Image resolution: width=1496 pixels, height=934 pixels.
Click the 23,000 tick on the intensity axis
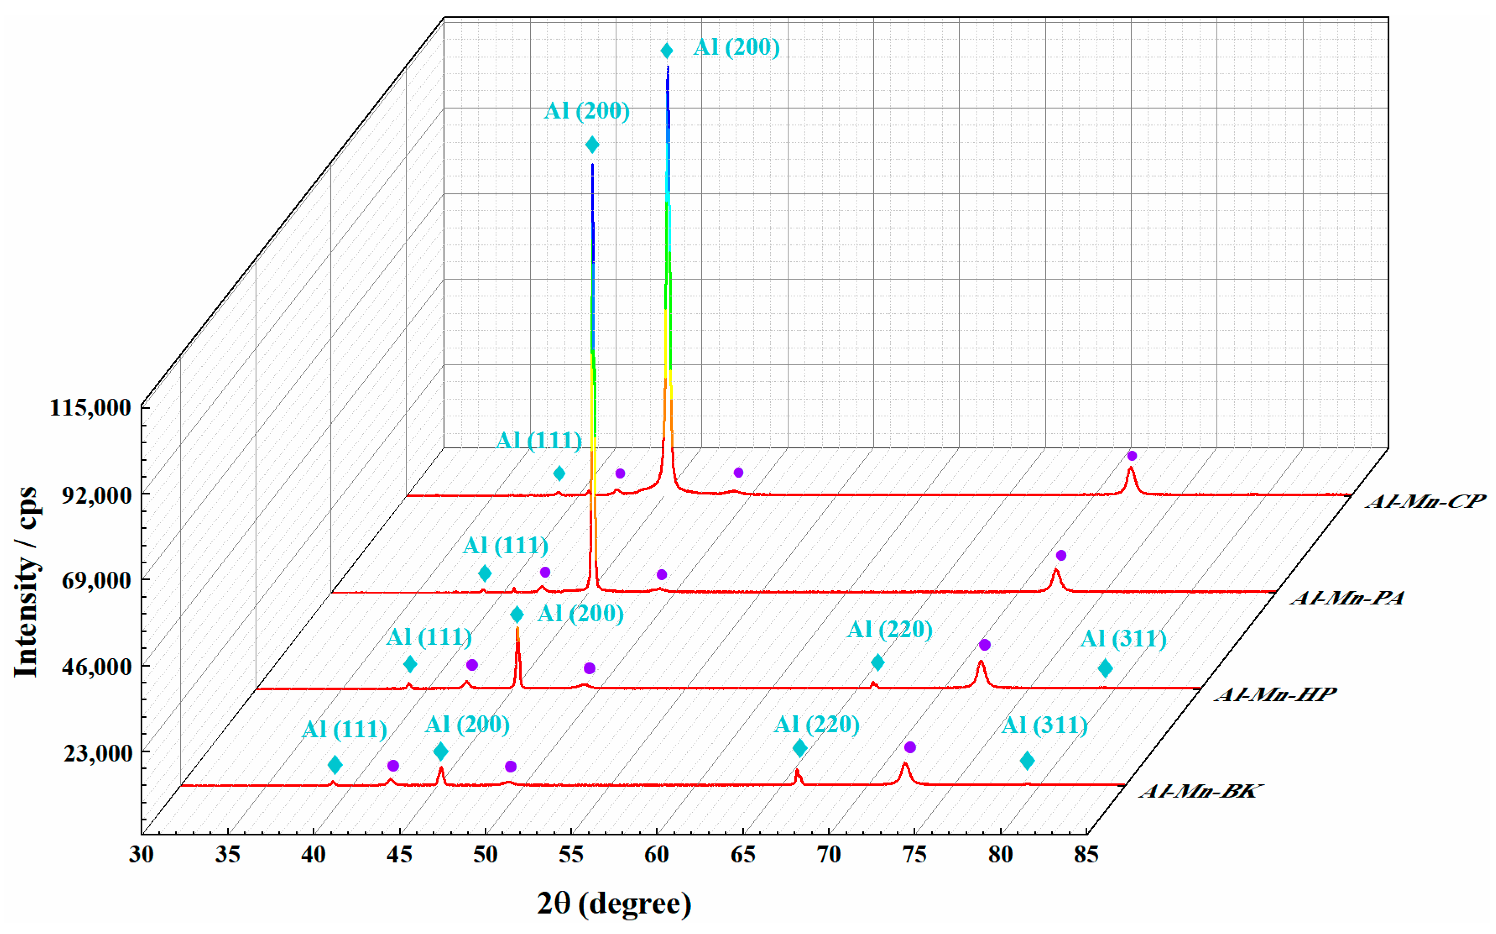pyautogui.click(x=97, y=753)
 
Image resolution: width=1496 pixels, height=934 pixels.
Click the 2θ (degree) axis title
pyautogui.click(x=614, y=903)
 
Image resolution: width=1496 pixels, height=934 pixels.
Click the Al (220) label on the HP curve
pyautogui.click(x=890, y=630)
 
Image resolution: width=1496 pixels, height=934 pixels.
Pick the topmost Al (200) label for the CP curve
pyautogui.click(x=736, y=47)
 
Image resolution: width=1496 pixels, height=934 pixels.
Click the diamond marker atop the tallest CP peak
pyautogui.click(x=666, y=51)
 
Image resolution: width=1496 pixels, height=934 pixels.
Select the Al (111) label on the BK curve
pyautogui.click(x=344, y=730)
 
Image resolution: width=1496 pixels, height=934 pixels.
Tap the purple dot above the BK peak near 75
pyautogui.click(x=909, y=748)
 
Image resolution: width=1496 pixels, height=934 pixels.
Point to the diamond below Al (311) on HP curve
pyautogui.click(x=1105, y=668)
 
